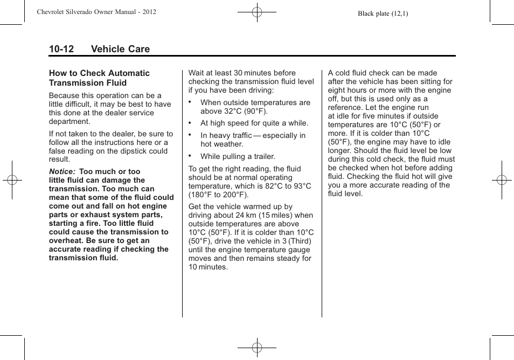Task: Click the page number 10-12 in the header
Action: pos(61,49)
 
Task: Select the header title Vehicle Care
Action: pos(120,49)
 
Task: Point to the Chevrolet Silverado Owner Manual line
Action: pos(96,12)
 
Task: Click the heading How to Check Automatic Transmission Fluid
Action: pos(99,78)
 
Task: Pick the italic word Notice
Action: pos(62,172)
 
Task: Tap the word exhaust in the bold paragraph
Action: pos(90,215)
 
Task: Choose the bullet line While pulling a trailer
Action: pos(238,157)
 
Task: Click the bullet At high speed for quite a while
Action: pos(254,123)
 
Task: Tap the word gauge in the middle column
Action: pos(299,250)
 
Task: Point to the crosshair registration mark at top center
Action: pos(257,11)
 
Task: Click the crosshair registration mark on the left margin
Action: pos(11,180)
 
